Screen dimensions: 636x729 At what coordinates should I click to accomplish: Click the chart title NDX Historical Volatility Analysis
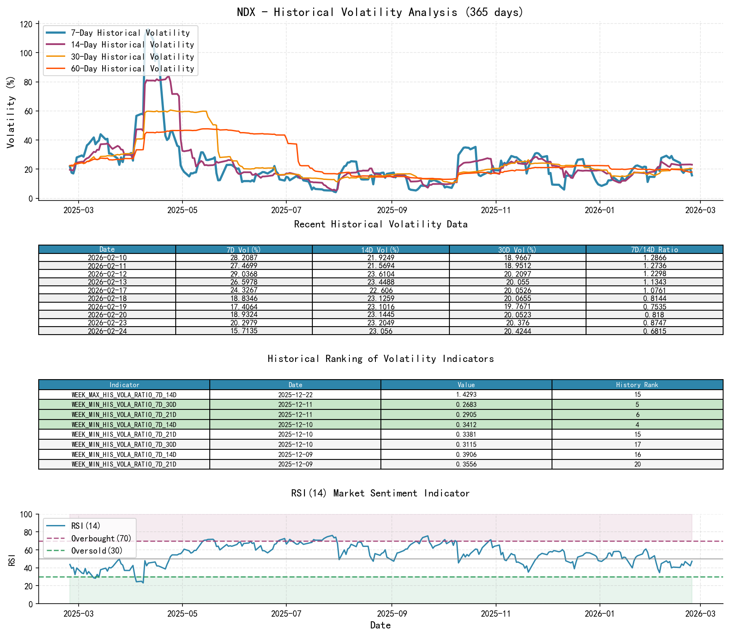tap(380, 12)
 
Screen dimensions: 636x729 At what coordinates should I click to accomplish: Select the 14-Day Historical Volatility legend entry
tap(132, 45)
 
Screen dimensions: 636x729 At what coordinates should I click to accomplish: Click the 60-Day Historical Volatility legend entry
tap(132, 69)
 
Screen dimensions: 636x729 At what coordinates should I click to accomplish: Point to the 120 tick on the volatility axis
tap(26, 24)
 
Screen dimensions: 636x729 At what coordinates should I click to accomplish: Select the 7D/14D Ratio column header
tap(654, 249)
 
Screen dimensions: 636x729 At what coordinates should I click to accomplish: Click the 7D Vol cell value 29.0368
tap(244, 274)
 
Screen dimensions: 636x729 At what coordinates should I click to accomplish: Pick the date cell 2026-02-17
tap(107, 290)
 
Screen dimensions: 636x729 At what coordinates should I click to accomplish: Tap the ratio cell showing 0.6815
tap(654, 331)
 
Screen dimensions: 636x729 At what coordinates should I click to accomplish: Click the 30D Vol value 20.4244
tap(518, 331)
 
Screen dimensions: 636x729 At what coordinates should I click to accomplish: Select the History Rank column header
tap(637, 385)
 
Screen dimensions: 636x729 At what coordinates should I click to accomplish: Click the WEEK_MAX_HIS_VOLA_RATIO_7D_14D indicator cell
tap(124, 395)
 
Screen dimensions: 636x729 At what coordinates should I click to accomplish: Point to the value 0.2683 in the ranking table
tap(466, 404)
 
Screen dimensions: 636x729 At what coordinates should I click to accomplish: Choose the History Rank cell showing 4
tap(637, 425)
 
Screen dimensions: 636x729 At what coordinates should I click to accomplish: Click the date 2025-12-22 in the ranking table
tap(295, 395)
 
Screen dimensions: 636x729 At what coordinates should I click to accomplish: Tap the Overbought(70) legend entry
tap(101, 538)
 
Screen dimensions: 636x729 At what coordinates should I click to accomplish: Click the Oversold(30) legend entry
tap(97, 551)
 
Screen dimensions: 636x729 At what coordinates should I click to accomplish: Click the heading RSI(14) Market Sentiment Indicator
tap(380, 493)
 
